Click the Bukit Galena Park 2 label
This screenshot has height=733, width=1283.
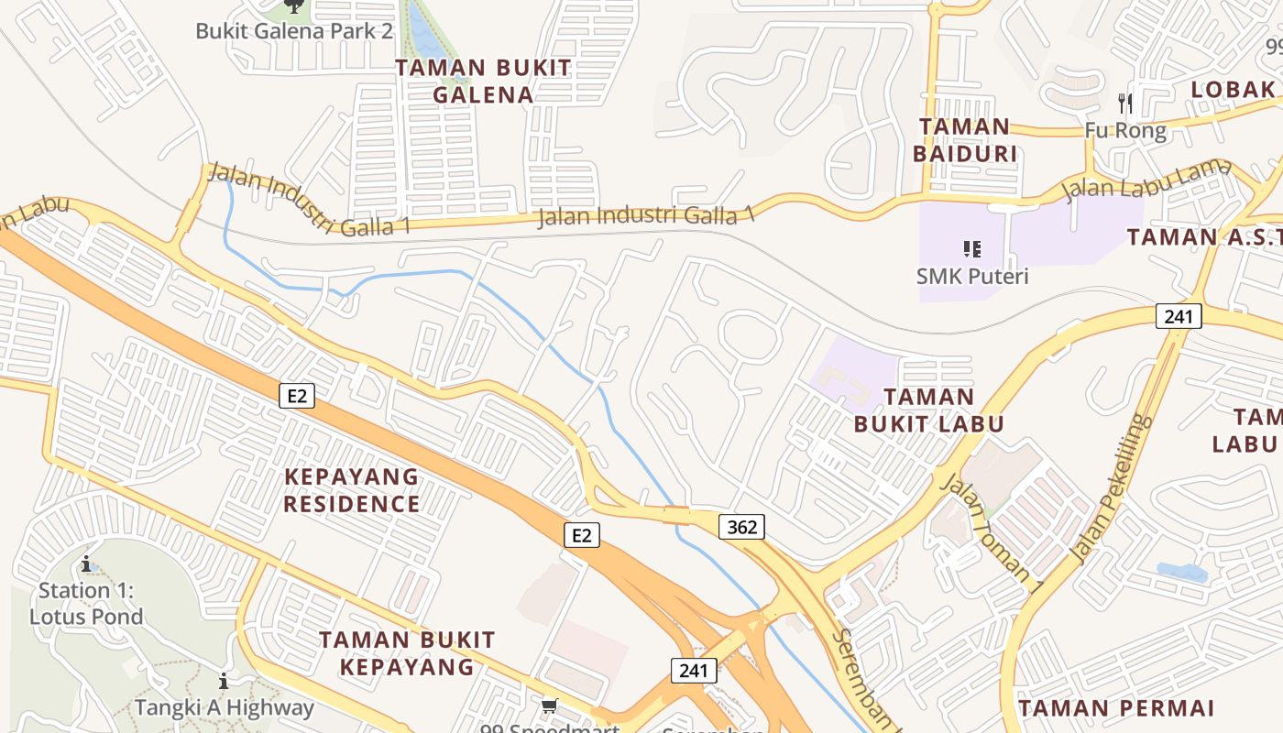(293, 31)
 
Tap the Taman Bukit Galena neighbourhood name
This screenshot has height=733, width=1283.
(483, 81)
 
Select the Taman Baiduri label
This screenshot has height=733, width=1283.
(965, 139)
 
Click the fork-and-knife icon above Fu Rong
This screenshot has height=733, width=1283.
(1126, 104)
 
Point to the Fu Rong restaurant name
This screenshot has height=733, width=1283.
(1125, 130)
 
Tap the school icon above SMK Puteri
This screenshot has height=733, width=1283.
(972, 248)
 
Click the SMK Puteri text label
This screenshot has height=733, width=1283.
(972, 275)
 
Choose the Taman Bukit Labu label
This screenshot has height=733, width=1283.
(929, 410)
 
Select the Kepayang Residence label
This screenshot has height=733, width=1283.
(351, 490)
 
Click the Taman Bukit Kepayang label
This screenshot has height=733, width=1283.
(407, 652)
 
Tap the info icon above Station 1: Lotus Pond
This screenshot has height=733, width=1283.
(86, 563)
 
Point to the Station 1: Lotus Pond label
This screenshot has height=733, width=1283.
(86, 603)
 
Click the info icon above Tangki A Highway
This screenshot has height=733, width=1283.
(224, 682)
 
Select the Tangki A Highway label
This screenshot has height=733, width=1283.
(224, 707)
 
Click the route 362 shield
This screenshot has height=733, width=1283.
(741, 527)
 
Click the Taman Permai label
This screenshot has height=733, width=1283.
(1116, 707)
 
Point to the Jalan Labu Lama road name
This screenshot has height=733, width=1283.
(1134, 180)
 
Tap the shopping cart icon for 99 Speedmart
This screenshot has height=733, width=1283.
(549, 706)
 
